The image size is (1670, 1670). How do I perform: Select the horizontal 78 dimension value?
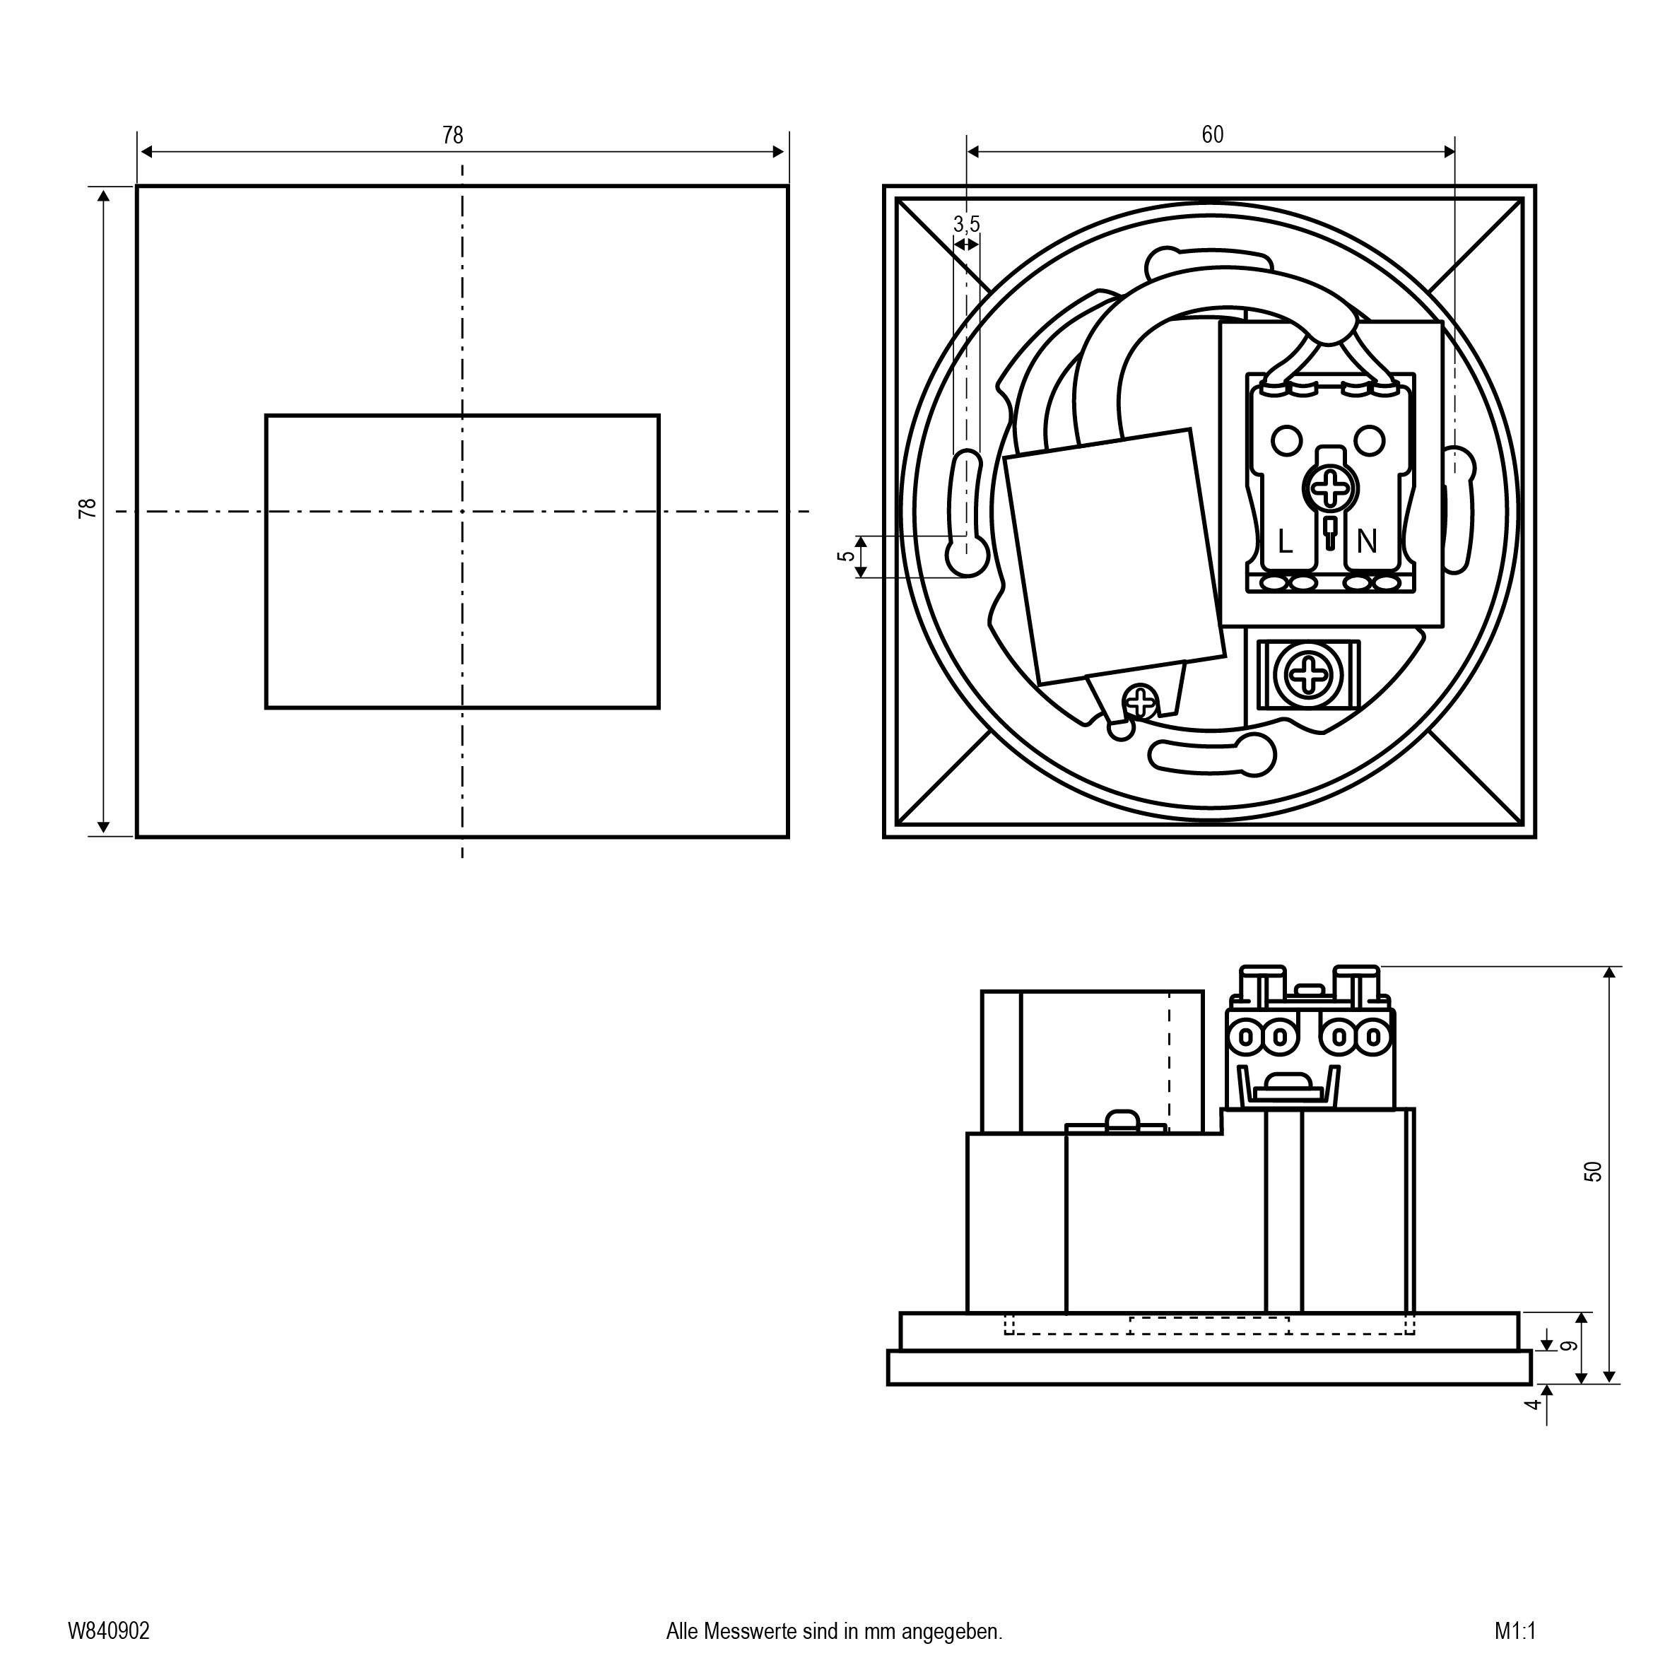[x=452, y=136]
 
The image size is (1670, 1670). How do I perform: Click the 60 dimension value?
[x=1212, y=135]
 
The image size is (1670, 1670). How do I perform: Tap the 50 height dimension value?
[x=1592, y=1171]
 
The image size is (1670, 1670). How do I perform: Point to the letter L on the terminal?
[x=1286, y=543]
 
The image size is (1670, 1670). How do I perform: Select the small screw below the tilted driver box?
[x=1143, y=700]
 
